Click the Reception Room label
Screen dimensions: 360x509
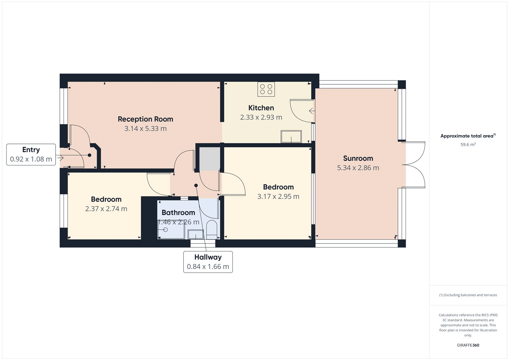click(145, 119)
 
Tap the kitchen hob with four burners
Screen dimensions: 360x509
click(266, 89)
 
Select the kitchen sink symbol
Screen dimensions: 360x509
click(291, 137)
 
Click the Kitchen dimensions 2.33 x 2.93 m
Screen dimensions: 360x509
click(261, 117)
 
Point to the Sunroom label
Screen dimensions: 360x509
click(358, 158)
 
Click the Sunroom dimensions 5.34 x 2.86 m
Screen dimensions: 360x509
click(358, 168)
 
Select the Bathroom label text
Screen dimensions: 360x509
click(178, 213)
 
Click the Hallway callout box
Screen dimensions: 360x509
click(208, 262)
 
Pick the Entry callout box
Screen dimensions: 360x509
click(31, 155)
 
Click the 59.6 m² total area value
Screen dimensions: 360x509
click(468, 145)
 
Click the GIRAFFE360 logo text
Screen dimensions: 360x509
click(468, 345)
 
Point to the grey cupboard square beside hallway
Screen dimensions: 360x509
click(210, 158)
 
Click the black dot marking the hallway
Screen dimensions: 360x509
click(196, 185)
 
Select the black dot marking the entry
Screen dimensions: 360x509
click(89, 155)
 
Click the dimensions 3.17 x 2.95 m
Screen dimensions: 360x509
click(278, 197)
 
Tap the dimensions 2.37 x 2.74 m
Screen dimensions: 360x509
click(106, 209)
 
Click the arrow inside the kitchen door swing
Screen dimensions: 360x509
click(312, 111)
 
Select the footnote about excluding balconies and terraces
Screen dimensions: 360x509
click(468, 295)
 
